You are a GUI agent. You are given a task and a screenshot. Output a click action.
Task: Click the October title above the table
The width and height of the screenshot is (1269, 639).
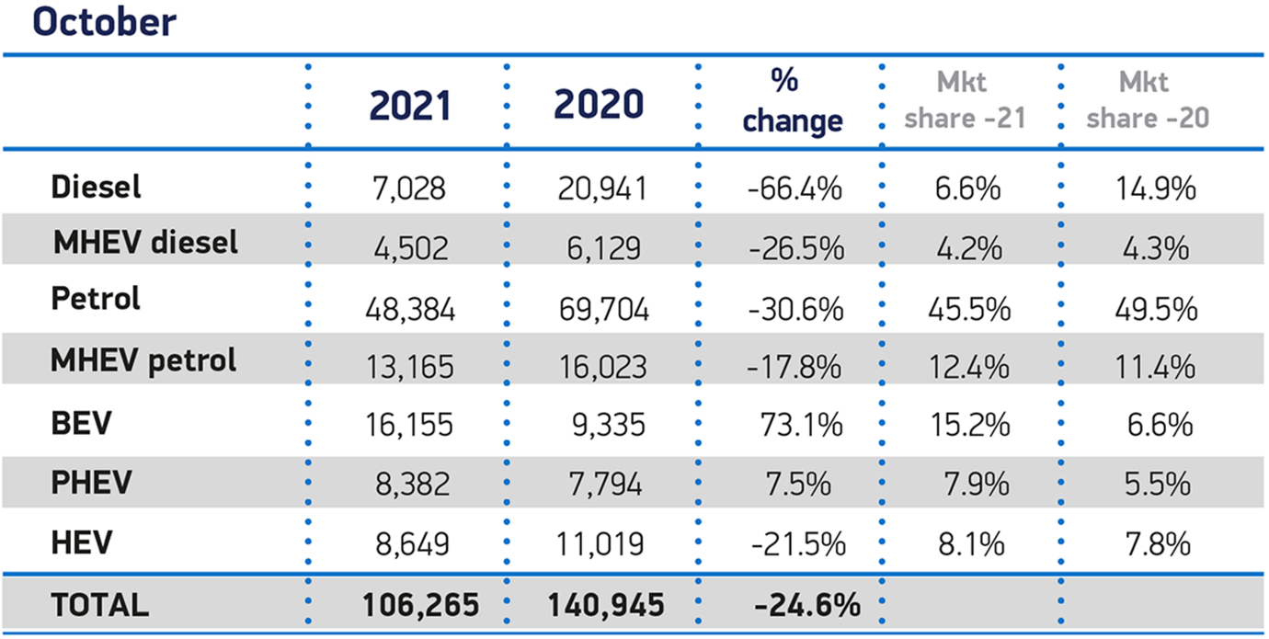(105, 23)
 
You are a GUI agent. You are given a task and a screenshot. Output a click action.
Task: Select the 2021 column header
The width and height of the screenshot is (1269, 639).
(410, 106)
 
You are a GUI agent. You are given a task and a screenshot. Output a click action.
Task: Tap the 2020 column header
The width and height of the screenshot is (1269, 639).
(599, 104)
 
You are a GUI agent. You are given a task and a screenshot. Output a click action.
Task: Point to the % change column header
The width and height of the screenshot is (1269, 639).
(793, 102)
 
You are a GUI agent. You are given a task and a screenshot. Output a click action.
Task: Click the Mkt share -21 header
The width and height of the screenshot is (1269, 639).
(966, 101)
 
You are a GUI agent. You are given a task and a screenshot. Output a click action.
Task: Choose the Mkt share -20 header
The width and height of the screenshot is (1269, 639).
(1148, 101)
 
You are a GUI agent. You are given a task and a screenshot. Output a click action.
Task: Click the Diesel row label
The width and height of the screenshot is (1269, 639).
(96, 187)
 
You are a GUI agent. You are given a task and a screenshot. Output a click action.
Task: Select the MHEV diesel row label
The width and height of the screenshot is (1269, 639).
(145, 243)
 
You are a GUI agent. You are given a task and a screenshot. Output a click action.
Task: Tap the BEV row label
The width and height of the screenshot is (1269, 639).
(81, 423)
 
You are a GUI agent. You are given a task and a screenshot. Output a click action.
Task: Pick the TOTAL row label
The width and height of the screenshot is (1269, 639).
(99, 604)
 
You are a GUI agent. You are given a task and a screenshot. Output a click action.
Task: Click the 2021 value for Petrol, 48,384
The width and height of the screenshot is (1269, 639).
(410, 310)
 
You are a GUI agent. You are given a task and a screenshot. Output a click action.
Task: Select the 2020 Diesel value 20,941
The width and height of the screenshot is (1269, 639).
(602, 188)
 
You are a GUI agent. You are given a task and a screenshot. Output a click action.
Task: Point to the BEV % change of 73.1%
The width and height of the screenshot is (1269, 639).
(801, 425)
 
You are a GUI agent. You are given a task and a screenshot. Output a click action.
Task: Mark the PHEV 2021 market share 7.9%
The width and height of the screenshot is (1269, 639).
(976, 485)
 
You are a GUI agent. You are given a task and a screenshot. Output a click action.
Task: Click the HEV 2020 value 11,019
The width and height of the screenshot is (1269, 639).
(600, 544)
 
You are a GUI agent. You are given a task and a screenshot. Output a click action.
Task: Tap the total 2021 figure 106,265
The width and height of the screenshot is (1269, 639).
(420, 605)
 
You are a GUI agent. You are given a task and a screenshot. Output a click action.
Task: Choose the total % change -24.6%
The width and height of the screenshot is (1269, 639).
(807, 605)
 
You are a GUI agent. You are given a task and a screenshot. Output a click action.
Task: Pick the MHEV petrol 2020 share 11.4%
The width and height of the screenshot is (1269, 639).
(1155, 367)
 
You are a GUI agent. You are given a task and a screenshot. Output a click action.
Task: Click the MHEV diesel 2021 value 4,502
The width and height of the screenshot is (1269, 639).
(411, 248)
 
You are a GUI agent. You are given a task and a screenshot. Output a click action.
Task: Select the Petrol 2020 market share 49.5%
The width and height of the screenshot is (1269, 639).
(1156, 309)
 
